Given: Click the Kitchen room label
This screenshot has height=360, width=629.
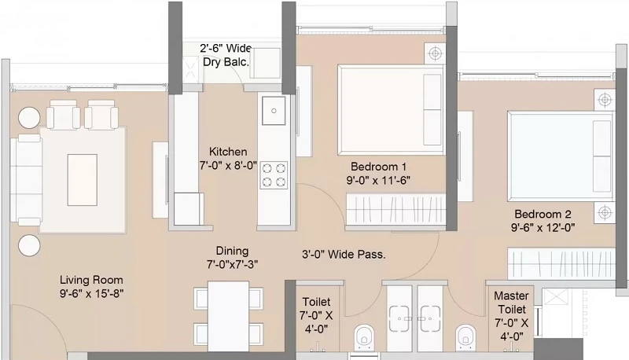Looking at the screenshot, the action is coord(228,152).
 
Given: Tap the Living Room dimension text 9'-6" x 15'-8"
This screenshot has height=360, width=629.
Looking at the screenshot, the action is coord(91,293).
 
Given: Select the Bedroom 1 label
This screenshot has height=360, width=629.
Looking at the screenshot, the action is coord(378,167).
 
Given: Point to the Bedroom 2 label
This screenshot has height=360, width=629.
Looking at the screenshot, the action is coord(543,214).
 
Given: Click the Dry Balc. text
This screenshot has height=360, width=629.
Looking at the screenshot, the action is coord(226,62).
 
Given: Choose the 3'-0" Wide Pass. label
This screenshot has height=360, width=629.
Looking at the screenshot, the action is coord(344,254).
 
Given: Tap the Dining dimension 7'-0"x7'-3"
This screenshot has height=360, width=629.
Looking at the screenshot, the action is coord(232,265).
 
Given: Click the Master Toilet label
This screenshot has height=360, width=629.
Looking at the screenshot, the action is coord(511,303).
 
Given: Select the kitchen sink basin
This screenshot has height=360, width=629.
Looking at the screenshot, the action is coord(274,110).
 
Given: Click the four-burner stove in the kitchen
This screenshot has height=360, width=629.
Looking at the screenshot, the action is coord(274,175).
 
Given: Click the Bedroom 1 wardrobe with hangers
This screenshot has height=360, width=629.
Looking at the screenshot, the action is coord(396,209).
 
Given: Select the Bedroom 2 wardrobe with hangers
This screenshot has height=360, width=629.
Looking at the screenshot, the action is coord(561,263).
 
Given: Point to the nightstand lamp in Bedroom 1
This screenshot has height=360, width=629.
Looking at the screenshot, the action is coord(435,53).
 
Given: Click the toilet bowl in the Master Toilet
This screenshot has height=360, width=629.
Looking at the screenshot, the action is coord(465,335).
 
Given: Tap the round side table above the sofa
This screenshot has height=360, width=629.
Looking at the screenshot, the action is coord(29,117).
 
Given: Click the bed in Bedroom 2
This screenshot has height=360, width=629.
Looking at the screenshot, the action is coord(561,156).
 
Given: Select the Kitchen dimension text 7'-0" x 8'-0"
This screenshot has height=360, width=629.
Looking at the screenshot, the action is coord(228,165).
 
